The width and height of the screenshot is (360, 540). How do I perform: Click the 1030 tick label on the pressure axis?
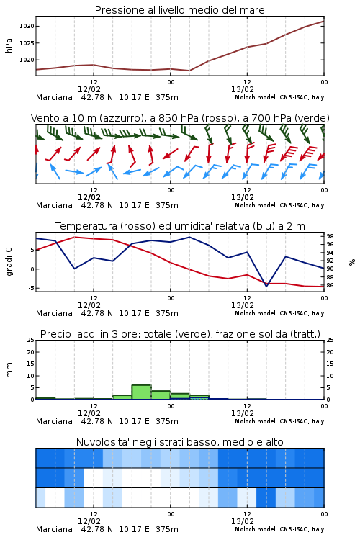tap(27, 26)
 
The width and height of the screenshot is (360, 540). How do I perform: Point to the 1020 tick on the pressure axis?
tap(27, 60)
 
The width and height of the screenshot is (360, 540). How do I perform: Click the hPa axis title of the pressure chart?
tap(9, 45)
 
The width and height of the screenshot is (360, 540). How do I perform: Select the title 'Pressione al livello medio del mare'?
tap(180, 10)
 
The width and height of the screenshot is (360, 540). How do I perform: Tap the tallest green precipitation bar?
tap(142, 392)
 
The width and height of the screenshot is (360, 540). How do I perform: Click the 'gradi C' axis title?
tap(9, 262)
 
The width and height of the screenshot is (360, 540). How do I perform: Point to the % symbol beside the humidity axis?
tap(352, 262)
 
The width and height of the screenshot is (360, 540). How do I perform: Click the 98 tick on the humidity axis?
tap(330, 236)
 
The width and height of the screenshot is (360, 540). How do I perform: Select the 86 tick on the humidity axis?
tap(330, 286)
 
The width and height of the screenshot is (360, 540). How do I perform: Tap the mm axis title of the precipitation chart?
tap(9, 370)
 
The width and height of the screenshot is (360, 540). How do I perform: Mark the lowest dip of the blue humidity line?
tap(266, 286)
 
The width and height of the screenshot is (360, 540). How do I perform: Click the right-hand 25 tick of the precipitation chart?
tap(330, 340)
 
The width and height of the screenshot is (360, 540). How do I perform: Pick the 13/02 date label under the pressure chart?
tap(243, 89)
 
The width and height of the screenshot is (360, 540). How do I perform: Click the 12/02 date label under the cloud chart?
tap(89, 521)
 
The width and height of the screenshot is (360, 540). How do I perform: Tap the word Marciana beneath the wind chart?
tap(55, 206)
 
